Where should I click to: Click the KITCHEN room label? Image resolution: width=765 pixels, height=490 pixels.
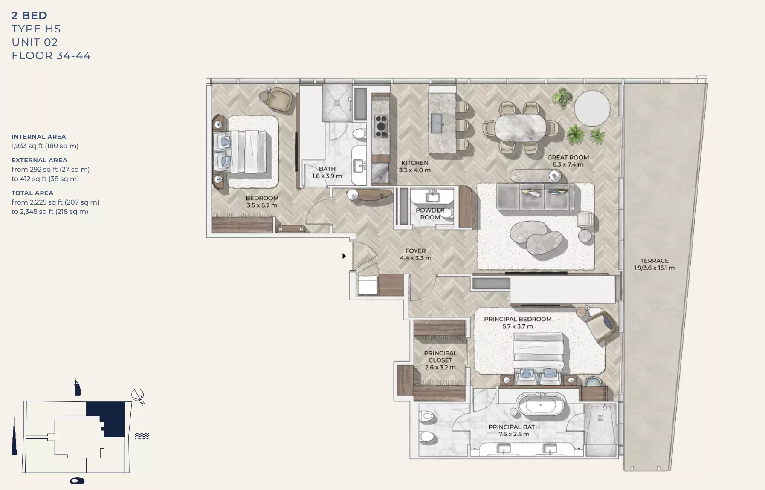pyautogui.click(x=414, y=163)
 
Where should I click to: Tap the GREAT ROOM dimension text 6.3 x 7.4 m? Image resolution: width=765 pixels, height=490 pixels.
pyautogui.click(x=568, y=164)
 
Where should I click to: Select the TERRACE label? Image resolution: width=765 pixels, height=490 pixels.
pyautogui.click(x=654, y=261)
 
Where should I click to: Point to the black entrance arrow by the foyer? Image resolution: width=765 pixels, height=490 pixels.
pyautogui.click(x=344, y=256)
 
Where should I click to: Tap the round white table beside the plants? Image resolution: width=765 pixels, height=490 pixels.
pyautogui.click(x=592, y=108)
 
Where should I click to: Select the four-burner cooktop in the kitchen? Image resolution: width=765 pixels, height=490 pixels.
pyautogui.click(x=381, y=127)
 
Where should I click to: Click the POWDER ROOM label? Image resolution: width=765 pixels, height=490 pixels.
pyautogui.click(x=430, y=213)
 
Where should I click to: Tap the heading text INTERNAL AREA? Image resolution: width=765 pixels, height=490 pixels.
pyautogui.click(x=39, y=137)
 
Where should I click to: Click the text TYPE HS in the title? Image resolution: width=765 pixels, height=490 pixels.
pyautogui.click(x=36, y=29)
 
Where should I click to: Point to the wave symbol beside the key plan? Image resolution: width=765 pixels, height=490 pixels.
pyautogui.click(x=142, y=436)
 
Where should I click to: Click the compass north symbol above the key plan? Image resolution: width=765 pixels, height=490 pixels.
pyautogui.click(x=137, y=395)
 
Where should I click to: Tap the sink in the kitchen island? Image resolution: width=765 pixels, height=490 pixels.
pyautogui.click(x=437, y=123)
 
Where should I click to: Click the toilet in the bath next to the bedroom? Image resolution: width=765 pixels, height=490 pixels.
pyautogui.click(x=359, y=134)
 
